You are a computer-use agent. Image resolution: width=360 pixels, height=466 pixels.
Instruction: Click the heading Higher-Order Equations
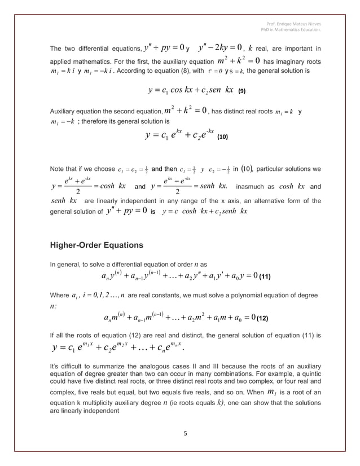pyautogui.click(x=97, y=245)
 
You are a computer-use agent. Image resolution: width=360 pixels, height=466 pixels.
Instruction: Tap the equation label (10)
pyautogui.click(x=222, y=137)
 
